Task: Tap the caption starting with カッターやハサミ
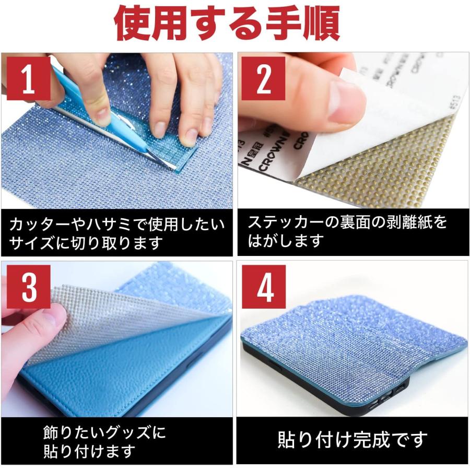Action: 117,233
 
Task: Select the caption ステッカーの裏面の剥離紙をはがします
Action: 347,231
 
